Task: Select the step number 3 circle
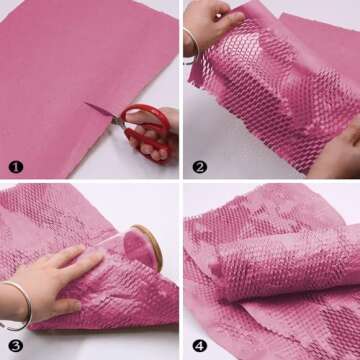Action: [14, 345]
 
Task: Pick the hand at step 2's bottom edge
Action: [340, 150]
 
